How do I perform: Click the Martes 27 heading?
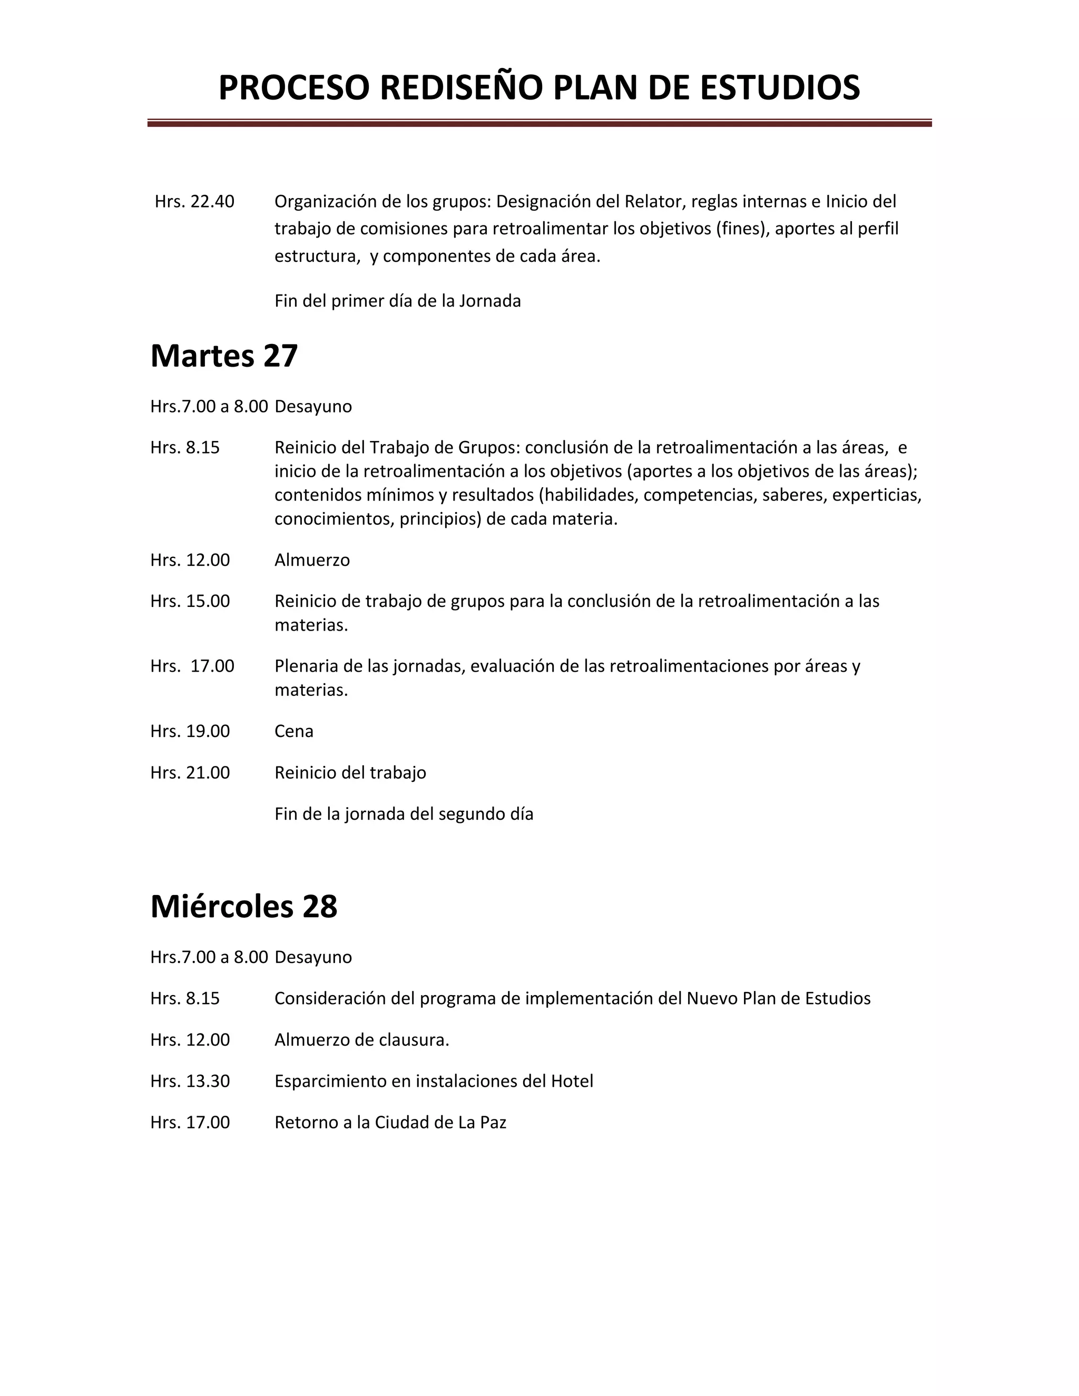[x=224, y=356]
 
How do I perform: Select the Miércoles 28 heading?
[x=243, y=907]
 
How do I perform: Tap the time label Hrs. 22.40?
[x=194, y=202]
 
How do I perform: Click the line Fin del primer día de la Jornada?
[x=398, y=301]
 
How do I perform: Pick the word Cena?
[x=294, y=731]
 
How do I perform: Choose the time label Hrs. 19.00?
[x=190, y=731]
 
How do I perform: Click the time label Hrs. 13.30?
[x=190, y=1082]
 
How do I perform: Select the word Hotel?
[x=572, y=1082]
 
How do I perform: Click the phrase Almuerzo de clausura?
[x=362, y=1040]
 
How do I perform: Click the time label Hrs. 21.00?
[x=190, y=773]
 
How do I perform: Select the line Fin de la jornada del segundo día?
[x=404, y=814]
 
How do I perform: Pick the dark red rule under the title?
[x=539, y=123]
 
